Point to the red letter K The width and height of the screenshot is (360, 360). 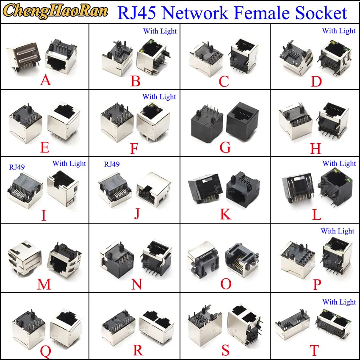click(x=226, y=214)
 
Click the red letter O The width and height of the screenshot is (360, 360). click(x=226, y=283)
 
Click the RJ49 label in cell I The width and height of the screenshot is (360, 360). click(x=17, y=167)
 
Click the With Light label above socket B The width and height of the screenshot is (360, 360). click(x=160, y=31)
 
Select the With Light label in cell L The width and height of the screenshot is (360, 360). click(x=339, y=163)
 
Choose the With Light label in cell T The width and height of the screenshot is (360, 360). click(x=339, y=302)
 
